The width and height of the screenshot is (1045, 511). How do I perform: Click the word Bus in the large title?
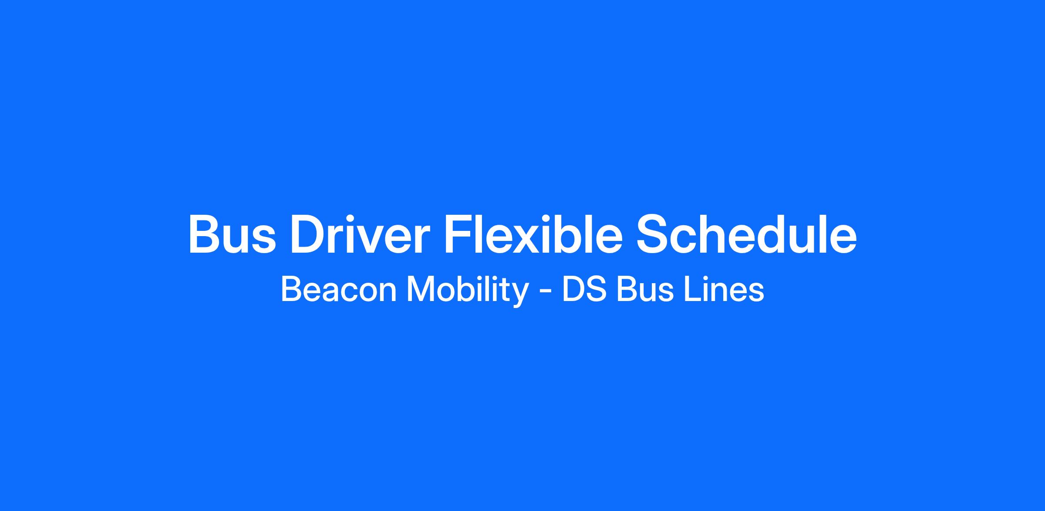point(232,234)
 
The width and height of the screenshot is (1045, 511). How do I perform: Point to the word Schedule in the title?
point(746,234)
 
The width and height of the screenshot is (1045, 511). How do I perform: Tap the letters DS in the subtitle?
point(584,290)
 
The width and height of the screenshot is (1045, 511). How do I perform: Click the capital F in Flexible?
point(456,234)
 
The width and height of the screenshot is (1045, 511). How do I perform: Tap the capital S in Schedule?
point(653,234)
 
